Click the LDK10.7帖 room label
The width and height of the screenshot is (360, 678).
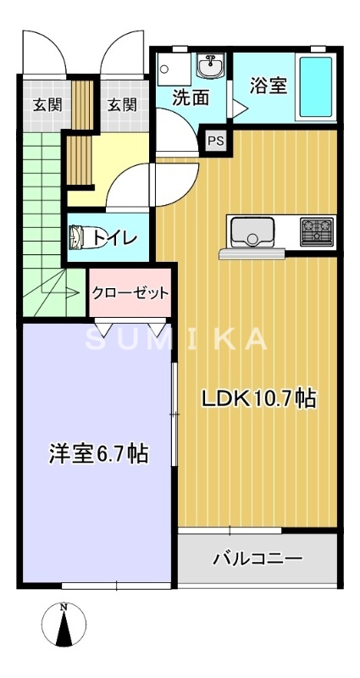258,398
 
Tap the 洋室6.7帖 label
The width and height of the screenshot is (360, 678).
98,454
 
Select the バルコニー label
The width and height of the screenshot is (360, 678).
257,559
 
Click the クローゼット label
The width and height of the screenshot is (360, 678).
130,292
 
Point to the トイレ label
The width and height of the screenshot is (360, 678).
114,238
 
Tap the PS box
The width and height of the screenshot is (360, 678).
215,141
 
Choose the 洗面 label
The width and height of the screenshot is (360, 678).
191,97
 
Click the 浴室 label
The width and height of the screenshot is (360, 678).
268,86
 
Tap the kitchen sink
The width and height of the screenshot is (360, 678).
251,231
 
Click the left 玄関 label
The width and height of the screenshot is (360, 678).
47,105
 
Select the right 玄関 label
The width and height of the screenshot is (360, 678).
121,105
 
